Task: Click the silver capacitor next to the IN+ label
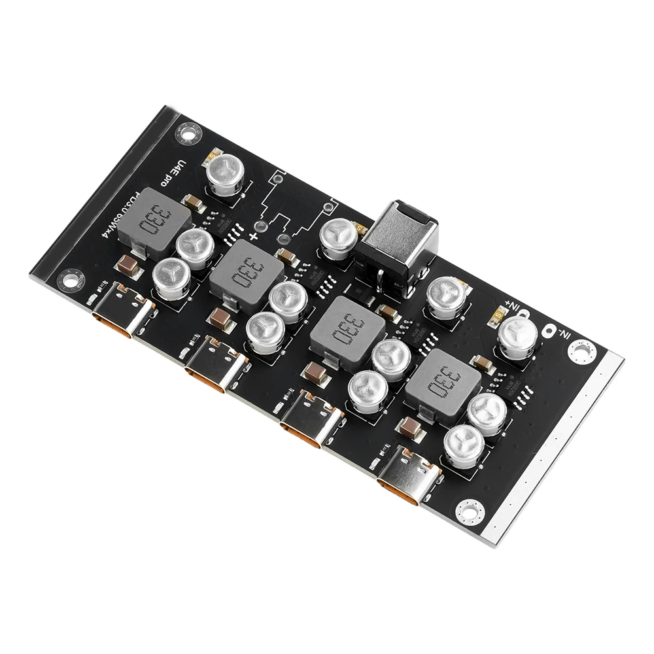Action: [x=519, y=332]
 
